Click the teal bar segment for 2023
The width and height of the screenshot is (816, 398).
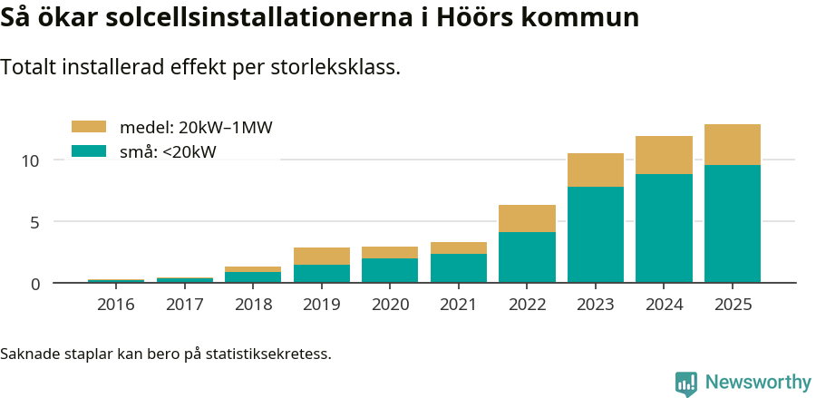tap(596, 234)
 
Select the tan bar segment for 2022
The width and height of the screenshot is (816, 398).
tap(527, 218)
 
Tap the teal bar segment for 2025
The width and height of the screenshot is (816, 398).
tap(733, 223)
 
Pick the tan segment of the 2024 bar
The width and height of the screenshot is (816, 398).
tap(664, 155)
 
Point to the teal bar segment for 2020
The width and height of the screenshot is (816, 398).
tap(390, 270)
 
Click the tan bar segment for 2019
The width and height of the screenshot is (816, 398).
tap(321, 256)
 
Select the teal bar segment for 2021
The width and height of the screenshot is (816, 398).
tap(458, 267)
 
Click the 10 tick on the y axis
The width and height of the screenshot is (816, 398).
tap(31, 160)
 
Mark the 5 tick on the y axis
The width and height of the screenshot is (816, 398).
tap(35, 222)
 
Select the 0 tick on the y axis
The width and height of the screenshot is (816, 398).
tap(35, 284)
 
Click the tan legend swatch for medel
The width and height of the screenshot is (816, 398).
tap(89, 127)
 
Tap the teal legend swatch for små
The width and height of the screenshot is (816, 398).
tap(89, 151)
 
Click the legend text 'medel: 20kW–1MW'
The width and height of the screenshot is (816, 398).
tap(196, 128)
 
